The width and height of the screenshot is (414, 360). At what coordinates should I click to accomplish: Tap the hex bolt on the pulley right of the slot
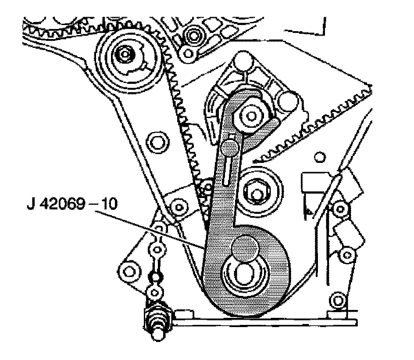coord(255,190)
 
